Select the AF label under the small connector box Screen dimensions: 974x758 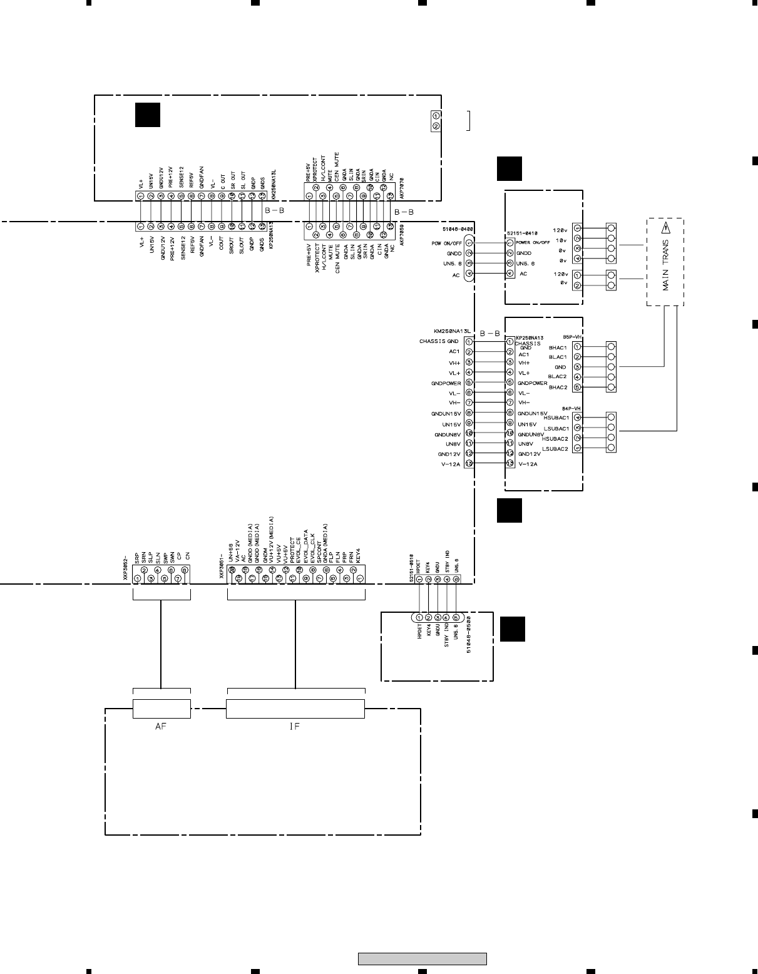point(161,727)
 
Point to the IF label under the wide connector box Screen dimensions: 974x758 point(295,727)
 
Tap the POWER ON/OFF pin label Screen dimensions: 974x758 point(533,242)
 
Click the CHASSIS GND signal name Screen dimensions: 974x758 point(439,341)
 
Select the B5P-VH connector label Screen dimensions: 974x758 point(572,336)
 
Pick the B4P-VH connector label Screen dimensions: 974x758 point(572,408)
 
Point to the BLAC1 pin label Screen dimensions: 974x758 point(557,357)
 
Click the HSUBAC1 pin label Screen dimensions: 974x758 point(556,418)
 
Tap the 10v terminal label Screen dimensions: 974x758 point(561,240)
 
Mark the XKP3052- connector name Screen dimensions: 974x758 point(126,566)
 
